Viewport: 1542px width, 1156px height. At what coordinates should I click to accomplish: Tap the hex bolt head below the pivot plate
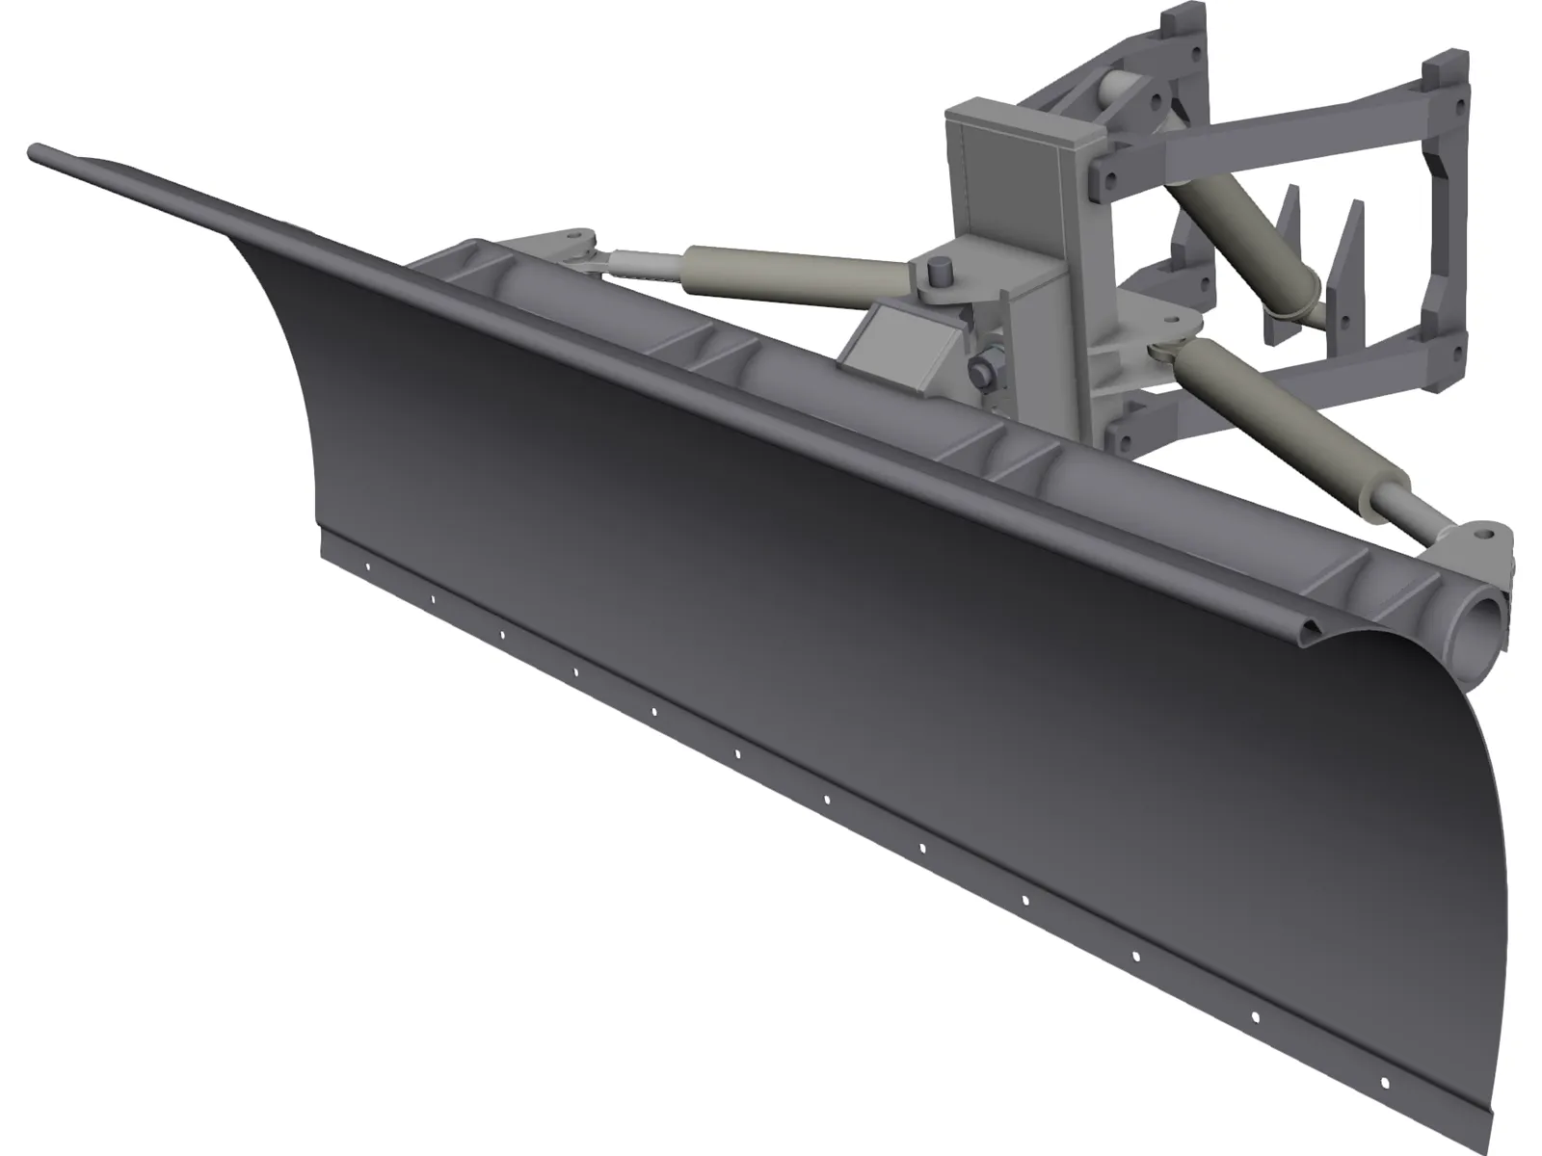click(x=981, y=369)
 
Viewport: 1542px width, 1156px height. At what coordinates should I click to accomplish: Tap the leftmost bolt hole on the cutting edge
click(x=367, y=566)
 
